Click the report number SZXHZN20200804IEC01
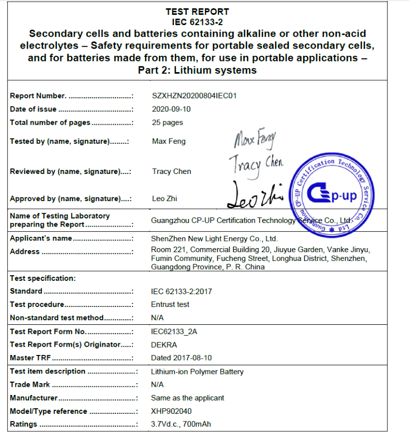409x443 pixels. pyautogui.click(x=194, y=96)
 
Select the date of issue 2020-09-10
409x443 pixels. pyautogui.click(x=171, y=109)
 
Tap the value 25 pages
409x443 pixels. pyautogui.click(x=167, y=122)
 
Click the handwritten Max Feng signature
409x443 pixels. pyautogui.click(x=255, y=139)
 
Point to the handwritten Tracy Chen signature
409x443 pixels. pyautogui.click(x=255, y=165)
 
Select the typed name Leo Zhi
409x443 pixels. pyautogui.click(x=165, y=198)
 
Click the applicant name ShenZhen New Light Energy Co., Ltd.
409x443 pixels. pyautogui.click(x=214, y=238)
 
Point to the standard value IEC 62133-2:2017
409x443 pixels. pyautogui.click(x=181, y=292)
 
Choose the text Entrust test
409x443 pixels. pyautogui.click(x=170, y=304)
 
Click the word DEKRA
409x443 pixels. pyautogui.click(x=164, y=345)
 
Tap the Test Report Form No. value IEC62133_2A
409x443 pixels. pyautogui.click(x=174, y=331)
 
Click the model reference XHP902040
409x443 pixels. pyautogui.click(x=171, y=411)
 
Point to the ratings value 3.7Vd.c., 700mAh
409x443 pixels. pyautogui.click(x=181, y=425)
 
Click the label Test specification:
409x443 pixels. pyautogui.click(x=43, y=278)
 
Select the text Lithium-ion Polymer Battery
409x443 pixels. pyautogui.click(x=197, y=372)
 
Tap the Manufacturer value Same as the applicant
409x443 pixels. pyautogui.click(x=188, y=398)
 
